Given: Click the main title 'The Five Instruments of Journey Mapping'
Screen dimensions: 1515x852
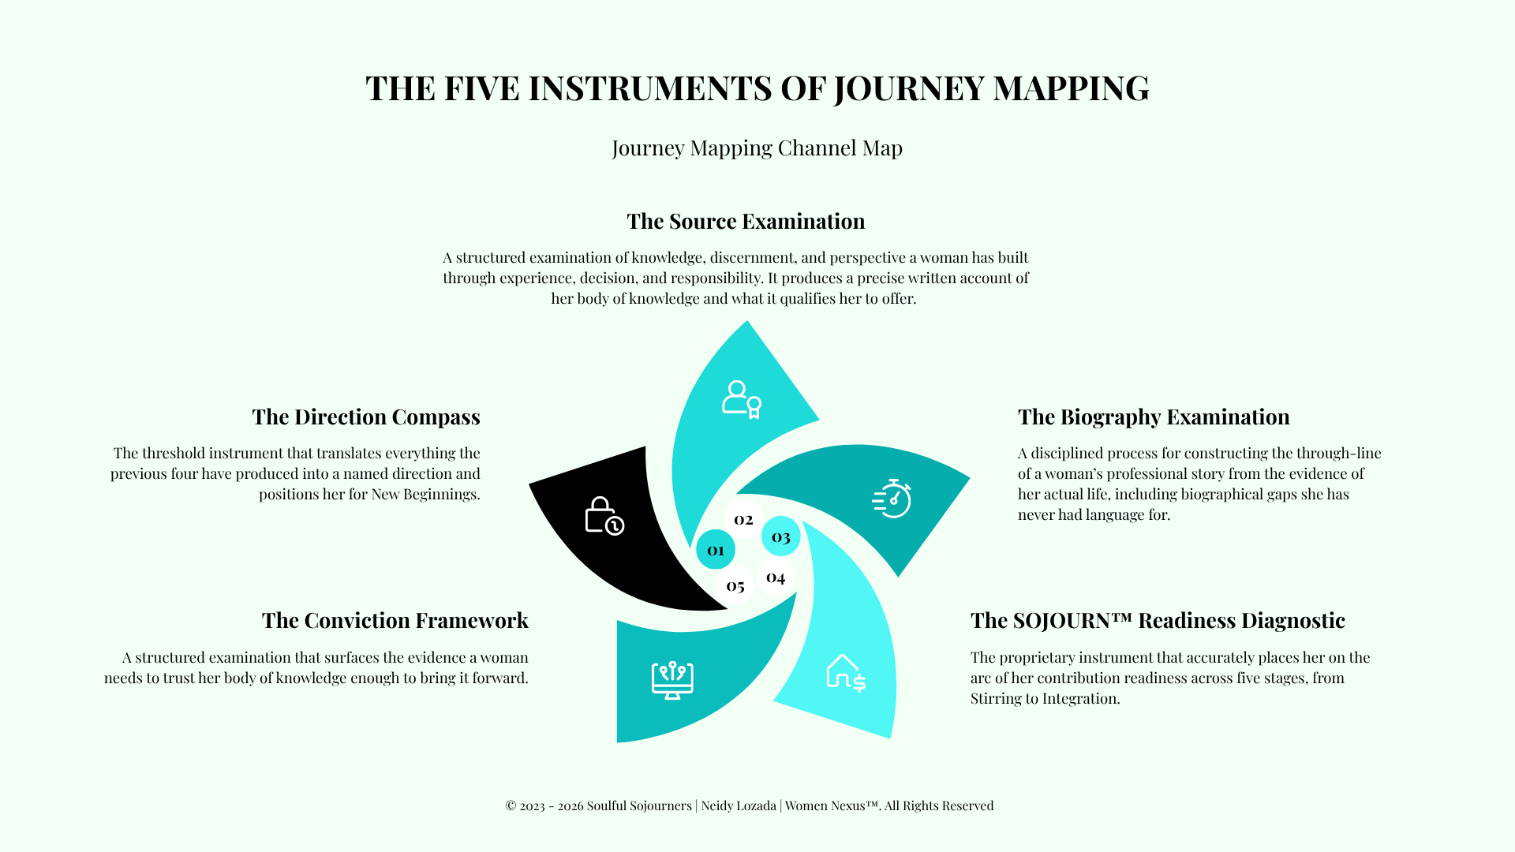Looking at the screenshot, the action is click(x=757, y=88).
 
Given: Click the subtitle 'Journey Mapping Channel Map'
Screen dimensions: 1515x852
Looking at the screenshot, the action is click(x=757, y=148).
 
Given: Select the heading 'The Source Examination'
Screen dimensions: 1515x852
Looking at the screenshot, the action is click(x=746, y=221).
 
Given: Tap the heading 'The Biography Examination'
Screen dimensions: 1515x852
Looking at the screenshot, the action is click(x=1154, y=417).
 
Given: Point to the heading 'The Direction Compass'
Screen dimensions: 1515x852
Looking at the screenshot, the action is click(x=366, y=417).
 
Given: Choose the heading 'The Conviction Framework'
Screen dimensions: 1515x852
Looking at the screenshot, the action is click(x=395, y=621).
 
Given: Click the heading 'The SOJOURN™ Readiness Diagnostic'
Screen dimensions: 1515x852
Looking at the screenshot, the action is click(x=1158, y=621).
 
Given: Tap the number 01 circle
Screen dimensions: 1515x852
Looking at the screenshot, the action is click(x=716, y=550).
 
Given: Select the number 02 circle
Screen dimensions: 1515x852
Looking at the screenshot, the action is click(x=743, y=519).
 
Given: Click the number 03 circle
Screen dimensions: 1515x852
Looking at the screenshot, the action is click(x=781, y=536).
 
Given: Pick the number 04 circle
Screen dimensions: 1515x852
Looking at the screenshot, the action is click(x=776, y=577).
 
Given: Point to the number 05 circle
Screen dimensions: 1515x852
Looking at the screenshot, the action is click(x=735, y=585).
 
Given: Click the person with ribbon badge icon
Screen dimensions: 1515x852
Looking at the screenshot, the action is click(x=742, y=400).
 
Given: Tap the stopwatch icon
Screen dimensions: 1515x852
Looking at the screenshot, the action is click(x=892, y=499).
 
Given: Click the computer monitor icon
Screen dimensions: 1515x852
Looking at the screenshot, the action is click(x=672, y=680).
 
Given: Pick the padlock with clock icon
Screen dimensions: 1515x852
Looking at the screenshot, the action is click(x=604, y=516).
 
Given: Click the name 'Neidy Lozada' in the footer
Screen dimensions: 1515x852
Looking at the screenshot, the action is click(x=739, y=805).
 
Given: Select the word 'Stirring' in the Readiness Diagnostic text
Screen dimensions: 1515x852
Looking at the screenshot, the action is click(x=996, y=699).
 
